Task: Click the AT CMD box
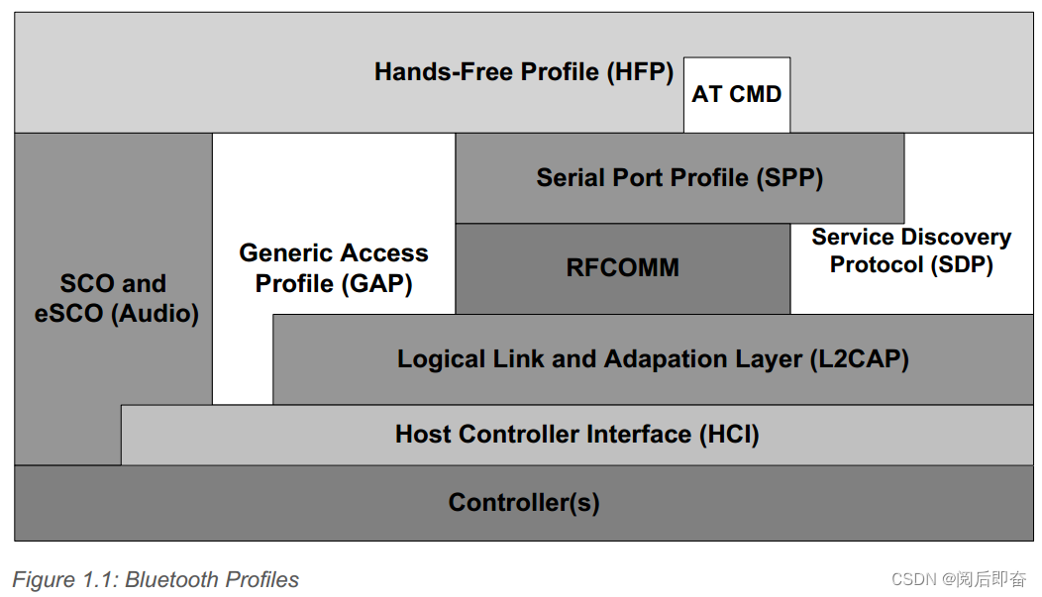[x=737, y=95]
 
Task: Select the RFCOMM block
[x=623, y=268]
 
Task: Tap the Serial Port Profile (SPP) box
[x=679, y=178]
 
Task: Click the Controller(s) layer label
[x=524, y=502]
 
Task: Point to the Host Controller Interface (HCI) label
[x=577, y=434]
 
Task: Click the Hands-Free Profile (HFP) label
[x=524, y=72]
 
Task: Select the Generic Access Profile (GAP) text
[x=334, y=268]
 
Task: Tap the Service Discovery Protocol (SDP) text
[x=911, y=251]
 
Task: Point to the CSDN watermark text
[x=958, y=579]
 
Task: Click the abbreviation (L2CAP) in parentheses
[x=859, y=358]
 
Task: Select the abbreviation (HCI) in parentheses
[x=729, y=434]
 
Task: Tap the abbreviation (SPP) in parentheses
[x=789, y=178]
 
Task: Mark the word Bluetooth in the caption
[x=179, y=579]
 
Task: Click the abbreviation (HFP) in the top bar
[x=641, y=72]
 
